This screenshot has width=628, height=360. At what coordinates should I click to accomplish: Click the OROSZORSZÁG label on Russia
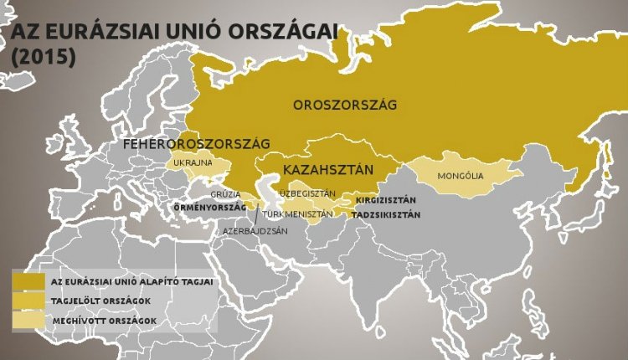pos(344,105)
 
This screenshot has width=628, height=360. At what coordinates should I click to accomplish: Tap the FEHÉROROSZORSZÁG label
pos(196,144)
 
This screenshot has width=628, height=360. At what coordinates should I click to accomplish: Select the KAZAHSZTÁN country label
pos(327,171)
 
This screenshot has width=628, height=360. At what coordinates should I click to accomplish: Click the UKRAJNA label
pos(193,162)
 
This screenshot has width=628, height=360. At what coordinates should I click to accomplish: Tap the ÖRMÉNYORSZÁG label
pos(208,206)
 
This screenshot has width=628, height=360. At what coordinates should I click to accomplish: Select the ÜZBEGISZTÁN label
pos(307,193)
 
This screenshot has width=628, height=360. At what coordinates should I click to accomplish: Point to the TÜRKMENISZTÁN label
pos(297,214)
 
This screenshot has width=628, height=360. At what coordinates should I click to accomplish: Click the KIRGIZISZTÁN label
pos(386,202)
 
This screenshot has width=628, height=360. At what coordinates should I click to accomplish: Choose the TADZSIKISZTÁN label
pos(386,215)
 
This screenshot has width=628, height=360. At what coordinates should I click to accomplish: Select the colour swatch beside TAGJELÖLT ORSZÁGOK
pos(28,301)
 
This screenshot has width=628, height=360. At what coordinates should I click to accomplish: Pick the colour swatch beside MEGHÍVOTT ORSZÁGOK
pos(28,320)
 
